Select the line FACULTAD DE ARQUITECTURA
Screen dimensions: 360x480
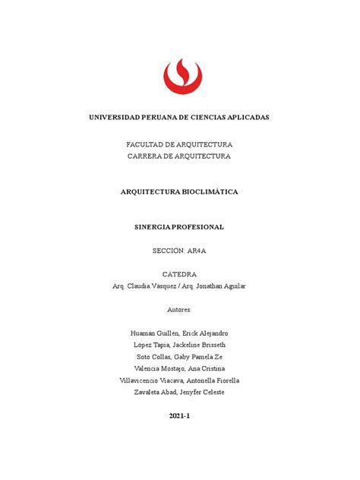(x=179, y=144)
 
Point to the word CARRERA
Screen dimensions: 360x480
(x=150, y=156)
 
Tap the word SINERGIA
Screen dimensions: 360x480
(x=153, y=226)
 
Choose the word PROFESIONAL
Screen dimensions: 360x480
(x=198, y=226)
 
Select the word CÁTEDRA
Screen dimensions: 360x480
(x=179, y=273)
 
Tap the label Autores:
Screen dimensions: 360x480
(x=179, y=310)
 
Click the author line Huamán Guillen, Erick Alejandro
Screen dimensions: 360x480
(x=179, y=333)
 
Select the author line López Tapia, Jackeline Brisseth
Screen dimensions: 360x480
(x=179, y=345)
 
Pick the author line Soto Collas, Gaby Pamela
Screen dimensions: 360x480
(x=179, y=357)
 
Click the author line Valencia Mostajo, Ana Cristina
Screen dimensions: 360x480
(x=179, y=368)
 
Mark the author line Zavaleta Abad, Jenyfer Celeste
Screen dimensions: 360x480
(x=179, y=392)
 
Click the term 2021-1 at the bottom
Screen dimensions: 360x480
(x=179, y=416)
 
